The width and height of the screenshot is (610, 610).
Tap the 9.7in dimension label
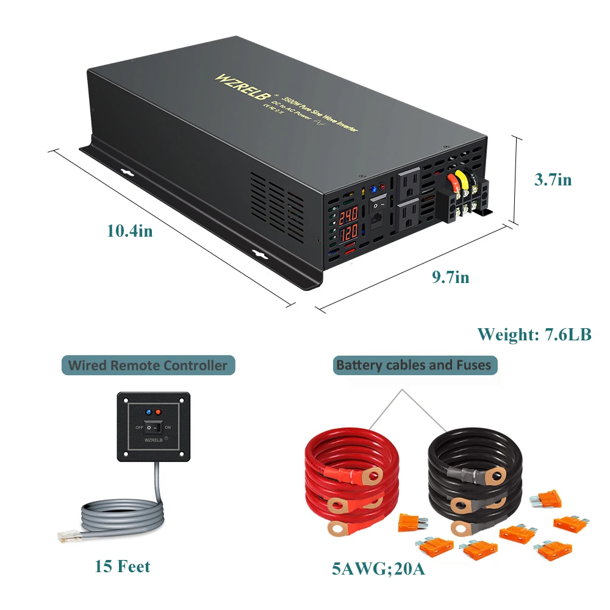[450, 278]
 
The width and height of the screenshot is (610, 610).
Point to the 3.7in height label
[553, 180]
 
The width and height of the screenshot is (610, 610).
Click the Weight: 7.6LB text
[534, 334]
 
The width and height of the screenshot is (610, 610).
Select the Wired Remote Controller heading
[148, 366]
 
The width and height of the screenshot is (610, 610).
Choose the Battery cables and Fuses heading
[414, 365]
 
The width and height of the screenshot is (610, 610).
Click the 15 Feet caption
[122, 567]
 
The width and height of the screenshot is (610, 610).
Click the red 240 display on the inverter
[348, 216]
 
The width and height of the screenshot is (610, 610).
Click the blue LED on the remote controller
[149, 414]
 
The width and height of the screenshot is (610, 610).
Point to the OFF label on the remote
[139, 428]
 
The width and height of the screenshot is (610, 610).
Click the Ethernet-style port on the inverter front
[379, 223]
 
